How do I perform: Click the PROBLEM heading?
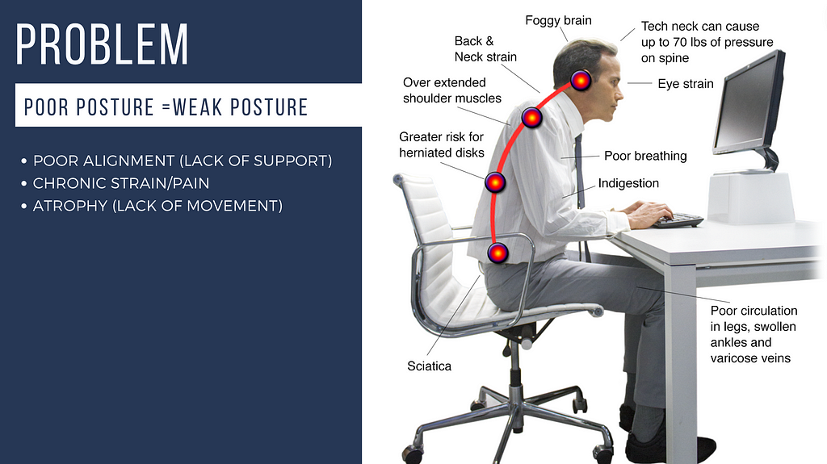coord(102,44)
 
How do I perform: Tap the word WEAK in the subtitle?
coord(197,107)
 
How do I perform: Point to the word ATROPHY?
coord(70,206)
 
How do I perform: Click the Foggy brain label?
coord(559,20)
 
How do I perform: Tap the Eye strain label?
coord(686,84)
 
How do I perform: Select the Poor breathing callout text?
coord(645,156)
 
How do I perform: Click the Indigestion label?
coord(628,183)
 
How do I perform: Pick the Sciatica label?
coord(430,366)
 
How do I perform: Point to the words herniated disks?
coord(442,153)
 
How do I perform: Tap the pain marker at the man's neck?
coord(581,81)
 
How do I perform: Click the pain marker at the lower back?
coord(497,253)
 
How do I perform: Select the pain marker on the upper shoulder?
coord(531,117)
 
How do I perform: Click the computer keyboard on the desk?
coord(678,219)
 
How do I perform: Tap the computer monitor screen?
coord(745,103)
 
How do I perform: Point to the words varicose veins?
coord(750,358)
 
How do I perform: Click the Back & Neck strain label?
coord(485,49)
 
